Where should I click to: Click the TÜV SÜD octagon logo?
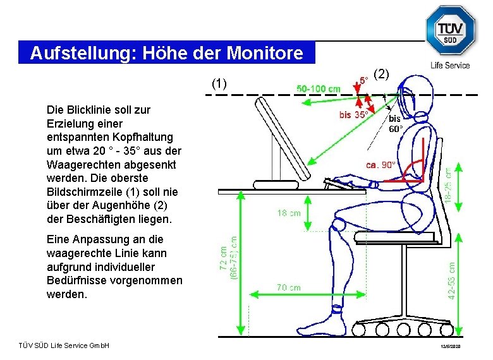[449, 31]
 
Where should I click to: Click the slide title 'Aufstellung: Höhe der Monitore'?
[166, 52]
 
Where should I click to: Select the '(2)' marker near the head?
[381, 74]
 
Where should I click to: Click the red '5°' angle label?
[365, 81]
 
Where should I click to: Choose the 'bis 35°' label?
[354, 115]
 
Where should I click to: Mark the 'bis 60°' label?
[396, 123]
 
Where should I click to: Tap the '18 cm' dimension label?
[289, 213]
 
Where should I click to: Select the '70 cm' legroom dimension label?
[289, 287]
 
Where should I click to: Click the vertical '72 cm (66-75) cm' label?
[229, 259]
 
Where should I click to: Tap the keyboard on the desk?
[345, 183]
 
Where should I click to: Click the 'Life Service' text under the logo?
[450, 65]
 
